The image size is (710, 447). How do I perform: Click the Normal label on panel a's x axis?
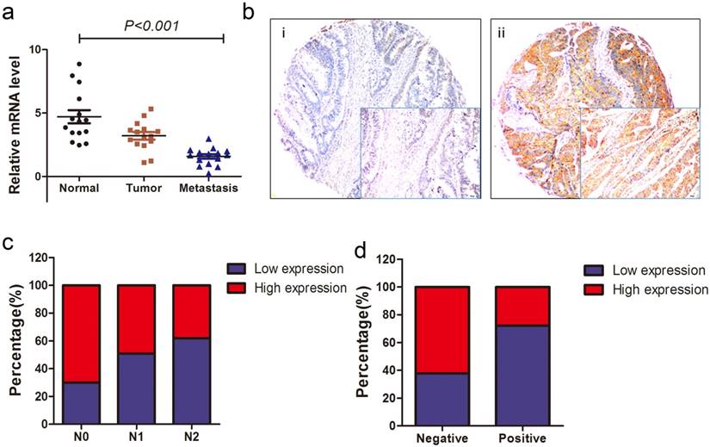78,189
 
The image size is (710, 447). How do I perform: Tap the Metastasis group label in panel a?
208,189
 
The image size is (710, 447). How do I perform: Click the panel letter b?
249,11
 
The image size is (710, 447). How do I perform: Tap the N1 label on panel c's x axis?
135,438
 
